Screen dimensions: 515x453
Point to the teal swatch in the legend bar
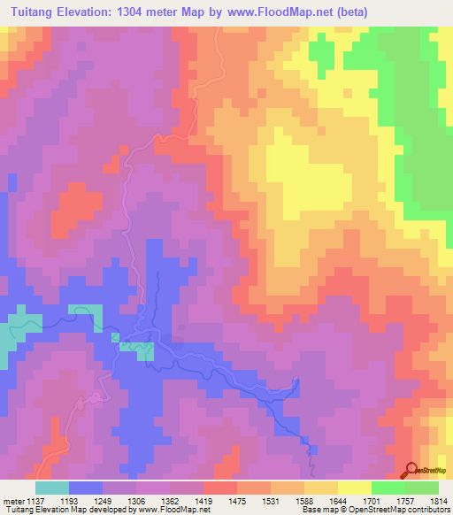(x=51, y=488)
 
